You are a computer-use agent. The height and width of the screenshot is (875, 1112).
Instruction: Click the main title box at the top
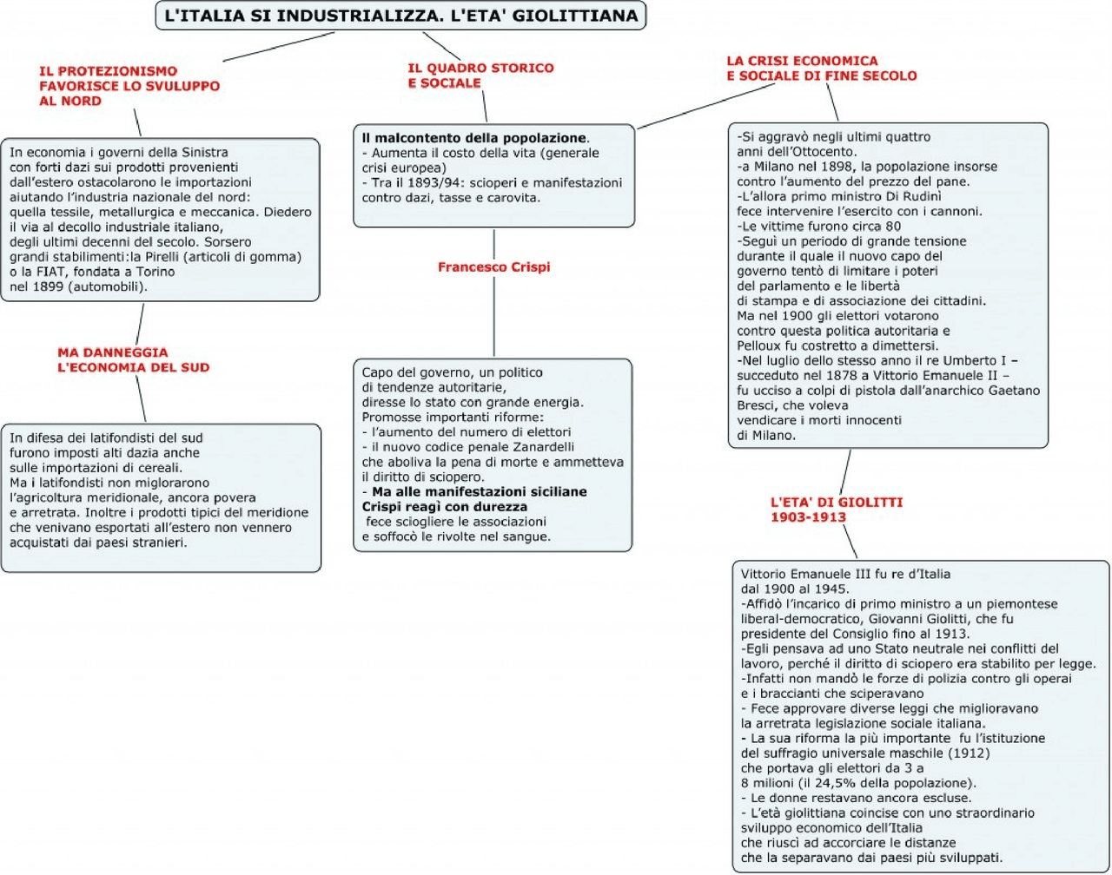(400, 16)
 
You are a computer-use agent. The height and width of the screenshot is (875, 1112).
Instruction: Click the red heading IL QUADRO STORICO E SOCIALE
(480, 76)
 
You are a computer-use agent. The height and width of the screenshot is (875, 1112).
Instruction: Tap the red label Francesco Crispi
(493, 267)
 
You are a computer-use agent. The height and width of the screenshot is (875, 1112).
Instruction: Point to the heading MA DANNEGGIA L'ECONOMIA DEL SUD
(133, 360)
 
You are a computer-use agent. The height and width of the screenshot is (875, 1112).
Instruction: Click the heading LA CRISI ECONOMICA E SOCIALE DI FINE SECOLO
(821, 69)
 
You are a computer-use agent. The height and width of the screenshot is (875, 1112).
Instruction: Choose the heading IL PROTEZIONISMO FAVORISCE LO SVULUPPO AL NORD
(129, 86)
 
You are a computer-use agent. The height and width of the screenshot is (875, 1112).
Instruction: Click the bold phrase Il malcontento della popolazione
(474, 138)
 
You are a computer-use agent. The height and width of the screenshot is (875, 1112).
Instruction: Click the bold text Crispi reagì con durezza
(444, 507)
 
